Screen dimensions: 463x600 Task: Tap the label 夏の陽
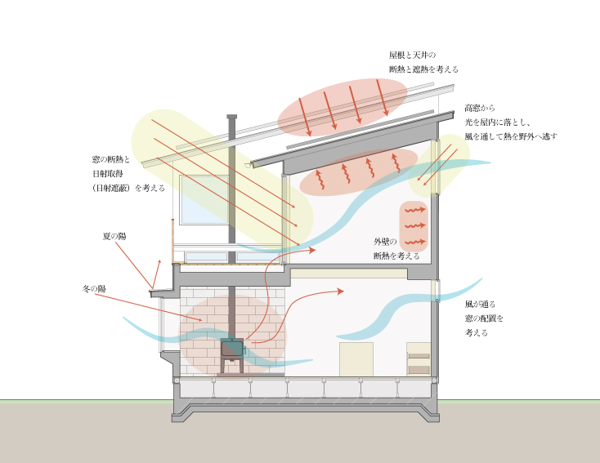[114, 235]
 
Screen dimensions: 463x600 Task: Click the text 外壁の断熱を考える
[396, 248]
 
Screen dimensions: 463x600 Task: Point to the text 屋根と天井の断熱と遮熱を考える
[423, 63]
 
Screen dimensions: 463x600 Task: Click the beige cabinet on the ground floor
[356, 358]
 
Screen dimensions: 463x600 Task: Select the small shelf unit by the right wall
[418, 358]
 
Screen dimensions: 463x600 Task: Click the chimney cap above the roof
[232, 118]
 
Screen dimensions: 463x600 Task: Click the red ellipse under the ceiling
[358, 171]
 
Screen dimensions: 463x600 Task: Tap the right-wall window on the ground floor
[437, 291]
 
